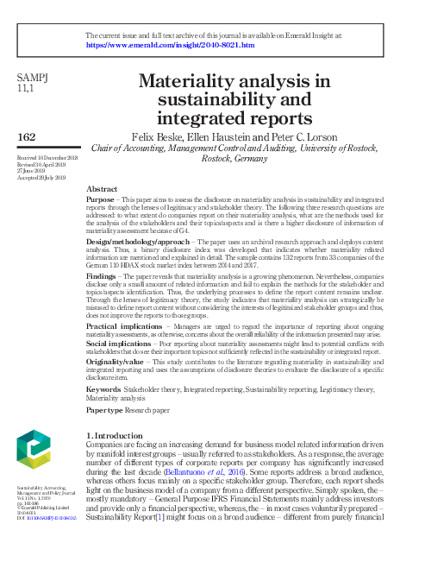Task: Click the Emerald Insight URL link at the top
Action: (170, 44)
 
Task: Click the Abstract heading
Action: (103, 188)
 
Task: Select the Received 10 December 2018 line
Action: (47, 159)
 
